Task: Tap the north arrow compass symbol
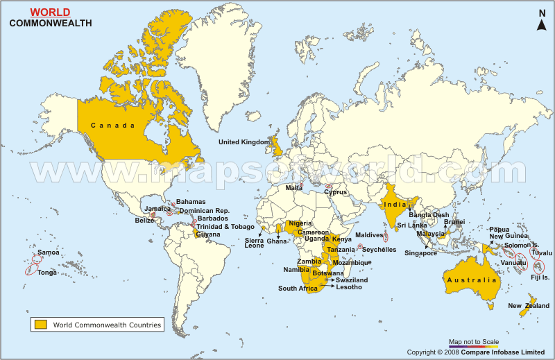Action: coord(542,22)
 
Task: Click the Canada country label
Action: coord(110,126)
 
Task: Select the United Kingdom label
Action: coord(244,142)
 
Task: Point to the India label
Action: coord(395,204)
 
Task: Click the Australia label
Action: coord(472,280)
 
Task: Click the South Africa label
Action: coord(297,289)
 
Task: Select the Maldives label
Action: coord(368,235)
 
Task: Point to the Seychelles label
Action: coord(379,249)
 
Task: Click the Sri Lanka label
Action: coord(412,225)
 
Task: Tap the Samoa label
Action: coord(48,252)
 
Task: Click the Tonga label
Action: coord(47,273)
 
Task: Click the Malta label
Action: coord(294,188)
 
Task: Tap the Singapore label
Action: coord(421,253)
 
